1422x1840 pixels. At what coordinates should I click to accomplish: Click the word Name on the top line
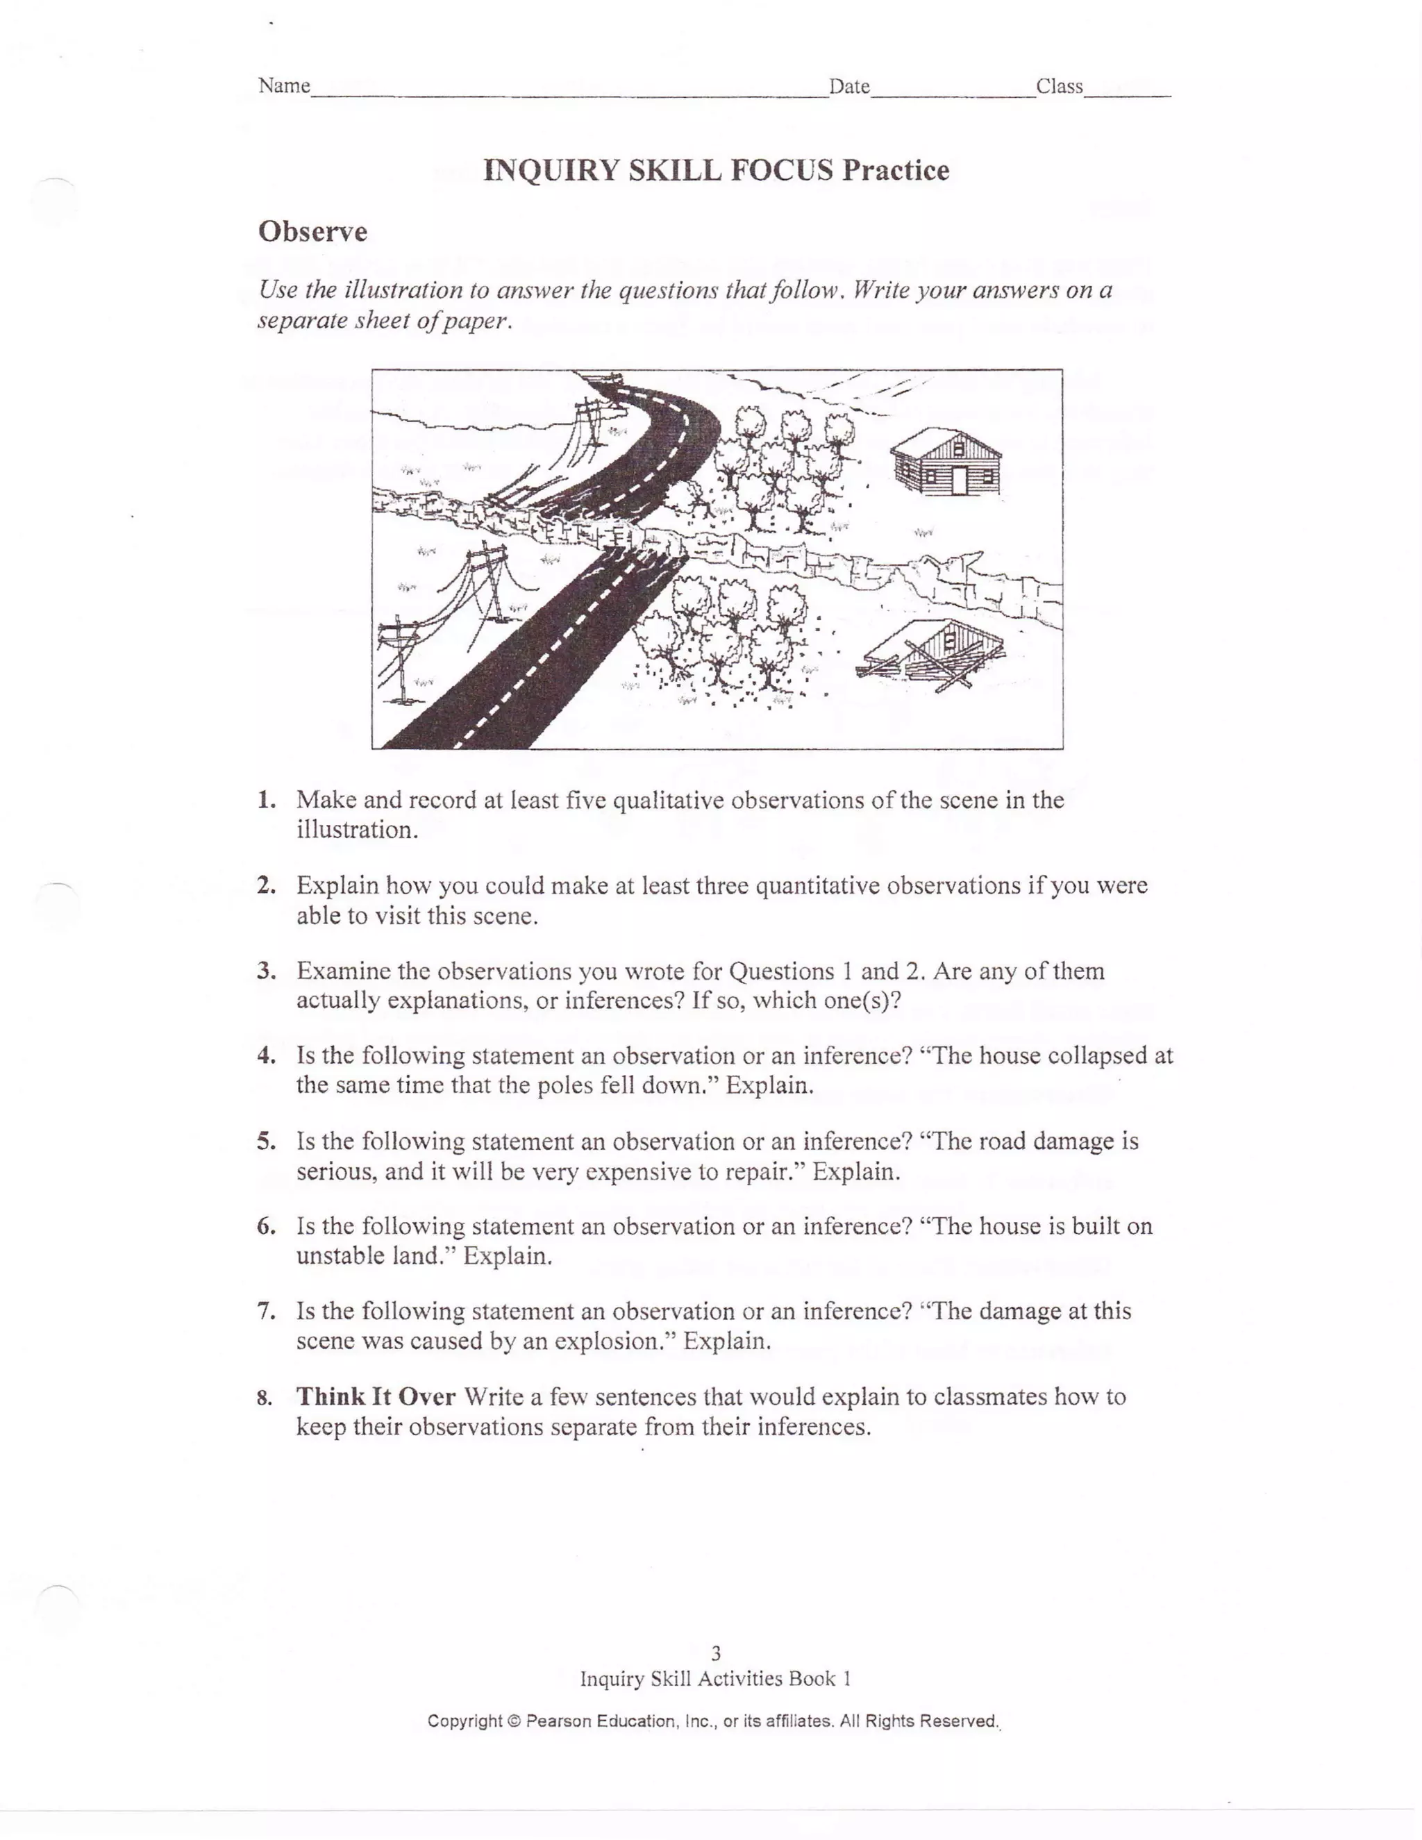[x=284, y=86]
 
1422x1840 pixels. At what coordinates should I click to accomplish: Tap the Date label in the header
[x=849, y=87]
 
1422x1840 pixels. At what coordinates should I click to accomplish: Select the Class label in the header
[x=1059, y=87]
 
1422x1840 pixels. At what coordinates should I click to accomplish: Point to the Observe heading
[x=312, y=232]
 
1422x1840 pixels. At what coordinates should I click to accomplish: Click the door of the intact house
[x=960, y=481]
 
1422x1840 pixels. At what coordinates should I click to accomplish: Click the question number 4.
[x=266, y=1055]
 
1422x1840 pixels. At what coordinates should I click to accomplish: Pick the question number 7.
[x=266, y=1311]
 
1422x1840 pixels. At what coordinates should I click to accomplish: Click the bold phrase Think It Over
[x=376, y=1397]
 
